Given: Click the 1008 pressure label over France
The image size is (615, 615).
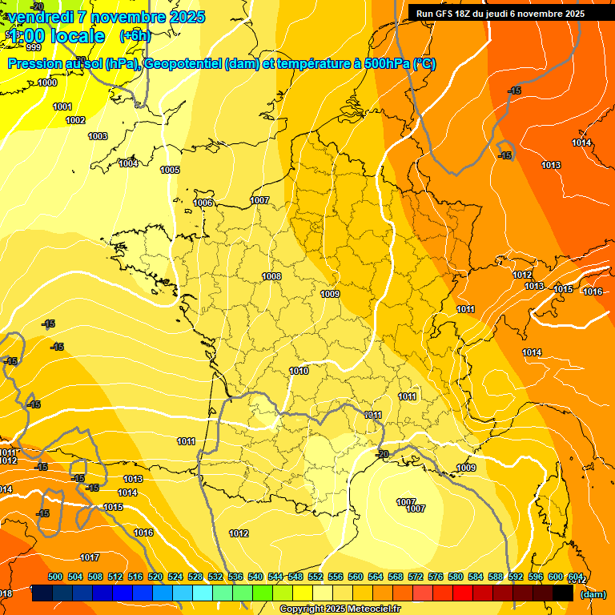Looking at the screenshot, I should [271, 276].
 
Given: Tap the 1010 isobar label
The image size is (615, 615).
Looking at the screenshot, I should [299, 371].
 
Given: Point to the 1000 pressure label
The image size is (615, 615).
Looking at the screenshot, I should [47, 82].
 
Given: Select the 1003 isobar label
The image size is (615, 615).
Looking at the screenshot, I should [98, 137].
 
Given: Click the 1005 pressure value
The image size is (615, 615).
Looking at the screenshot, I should [170, 170].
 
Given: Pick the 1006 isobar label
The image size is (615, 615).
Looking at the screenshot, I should [203, 203].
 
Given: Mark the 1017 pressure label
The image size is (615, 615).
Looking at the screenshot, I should [90, 557].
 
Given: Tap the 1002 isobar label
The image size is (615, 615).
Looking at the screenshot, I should [75, 120].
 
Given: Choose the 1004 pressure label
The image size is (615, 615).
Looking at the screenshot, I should [128, 163].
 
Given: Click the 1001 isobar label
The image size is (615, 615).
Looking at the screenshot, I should [62, 107].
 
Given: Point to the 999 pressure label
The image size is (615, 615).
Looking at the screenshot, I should [34, 47].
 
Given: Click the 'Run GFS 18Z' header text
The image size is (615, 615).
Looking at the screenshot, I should [448, 14].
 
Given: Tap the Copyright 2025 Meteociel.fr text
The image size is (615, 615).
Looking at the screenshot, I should [340, 609].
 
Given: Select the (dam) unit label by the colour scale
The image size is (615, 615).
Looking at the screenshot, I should [592, 594].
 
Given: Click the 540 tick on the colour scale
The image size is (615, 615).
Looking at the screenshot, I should [255, 577].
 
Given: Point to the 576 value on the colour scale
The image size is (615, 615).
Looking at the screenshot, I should [436, 577].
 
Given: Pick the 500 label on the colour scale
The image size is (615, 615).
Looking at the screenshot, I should [55, 577].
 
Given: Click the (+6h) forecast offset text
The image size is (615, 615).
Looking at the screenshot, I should [135, 36].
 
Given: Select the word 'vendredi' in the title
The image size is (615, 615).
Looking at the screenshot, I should [41, 17].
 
